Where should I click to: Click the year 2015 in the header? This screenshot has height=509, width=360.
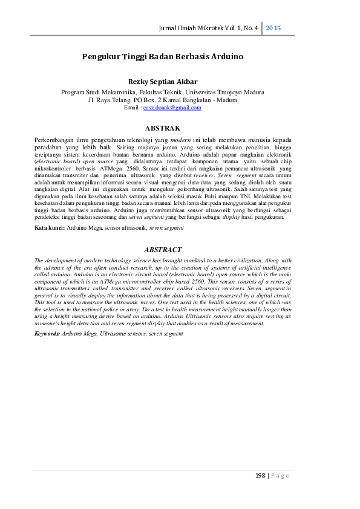[273, 28]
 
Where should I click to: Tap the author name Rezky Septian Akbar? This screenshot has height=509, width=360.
[163, 81]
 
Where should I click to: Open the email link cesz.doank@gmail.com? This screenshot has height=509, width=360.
[172, 107]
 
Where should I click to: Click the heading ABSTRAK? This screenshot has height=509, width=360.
[163, 128]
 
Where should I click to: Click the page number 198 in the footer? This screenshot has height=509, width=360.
[261, 475]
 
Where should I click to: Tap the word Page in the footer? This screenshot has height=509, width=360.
[281, 475]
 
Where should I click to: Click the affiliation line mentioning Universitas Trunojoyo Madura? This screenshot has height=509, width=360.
[163, 92]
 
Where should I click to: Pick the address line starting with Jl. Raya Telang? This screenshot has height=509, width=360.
[163, 100]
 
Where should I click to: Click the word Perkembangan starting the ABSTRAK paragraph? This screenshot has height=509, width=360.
[55, 139]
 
